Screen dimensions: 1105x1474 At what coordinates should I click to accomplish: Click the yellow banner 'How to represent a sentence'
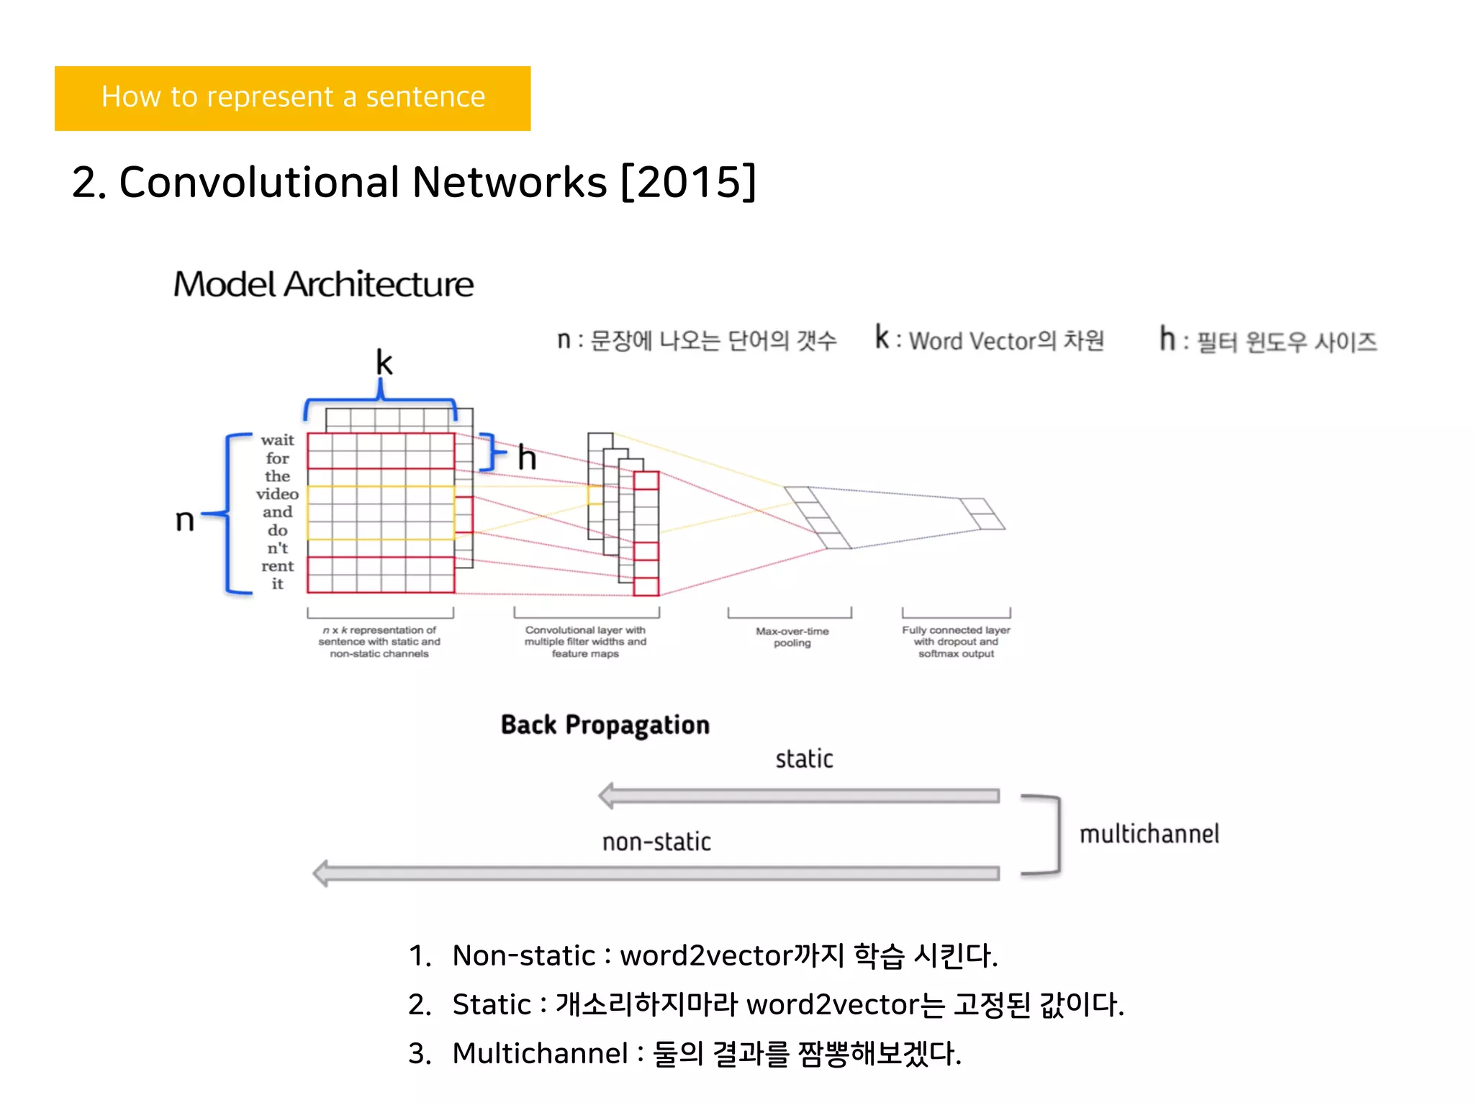pos(292,98)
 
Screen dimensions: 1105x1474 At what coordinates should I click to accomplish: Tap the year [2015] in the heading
pos(688,182)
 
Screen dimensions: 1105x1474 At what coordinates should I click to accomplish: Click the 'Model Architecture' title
pos(323,284)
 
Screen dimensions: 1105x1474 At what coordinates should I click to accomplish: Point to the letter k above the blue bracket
pos(384,363)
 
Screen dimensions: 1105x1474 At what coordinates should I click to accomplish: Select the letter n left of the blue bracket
pos(185,519)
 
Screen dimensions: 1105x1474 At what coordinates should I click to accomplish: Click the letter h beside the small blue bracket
pos(527,458)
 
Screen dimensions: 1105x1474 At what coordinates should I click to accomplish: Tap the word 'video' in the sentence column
pos(277,494)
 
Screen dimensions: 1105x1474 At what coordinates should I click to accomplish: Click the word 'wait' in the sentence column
pos(277,440)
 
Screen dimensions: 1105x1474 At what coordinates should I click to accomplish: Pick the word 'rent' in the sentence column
pos(277,566)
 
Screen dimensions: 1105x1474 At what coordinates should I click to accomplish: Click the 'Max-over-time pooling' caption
pos(792,637)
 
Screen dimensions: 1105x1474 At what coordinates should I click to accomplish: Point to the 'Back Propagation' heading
pos(605,725)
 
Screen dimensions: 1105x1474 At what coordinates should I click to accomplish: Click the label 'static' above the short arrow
pos(804,759)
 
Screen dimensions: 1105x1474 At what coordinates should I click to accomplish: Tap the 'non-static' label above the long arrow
pos(656,842)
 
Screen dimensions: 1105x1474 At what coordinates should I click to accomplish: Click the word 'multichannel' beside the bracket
pos(1149,835)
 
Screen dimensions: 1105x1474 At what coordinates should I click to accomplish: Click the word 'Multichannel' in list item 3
pos(540,1053)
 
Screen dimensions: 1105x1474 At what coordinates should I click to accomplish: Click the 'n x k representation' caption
pos(379,642)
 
